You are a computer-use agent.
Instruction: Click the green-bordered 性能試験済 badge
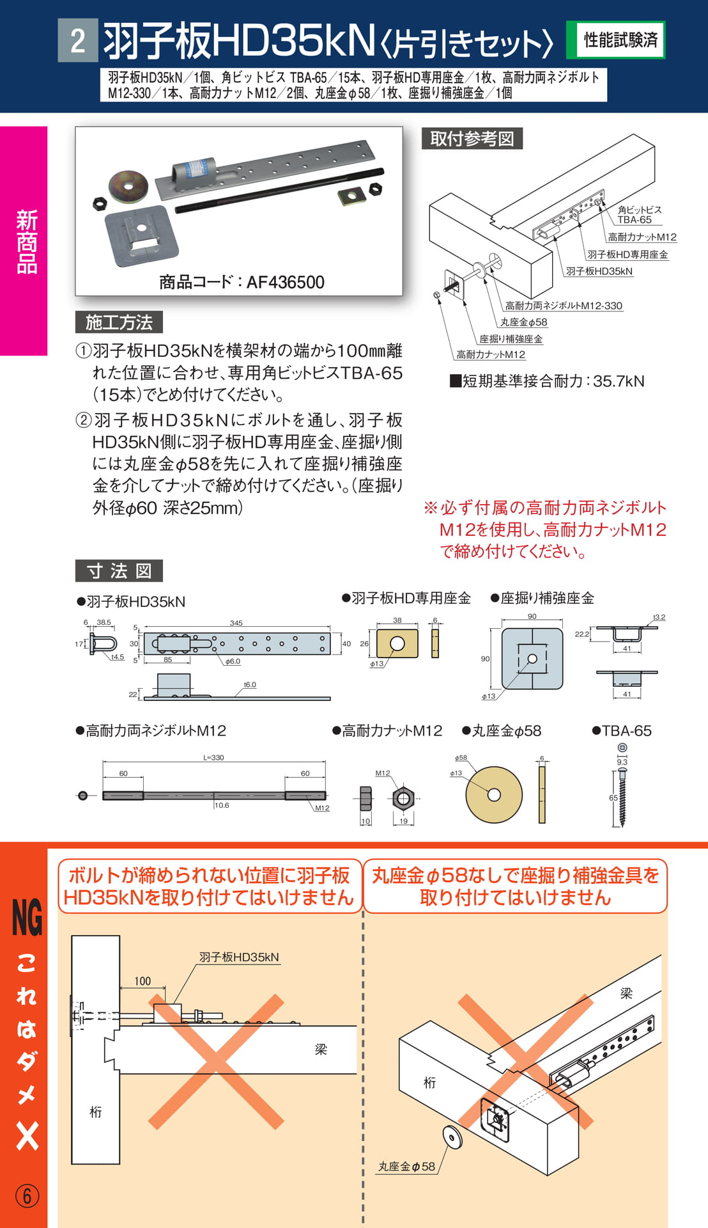(616, 40)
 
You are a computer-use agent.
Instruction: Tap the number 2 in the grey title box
(78, 40)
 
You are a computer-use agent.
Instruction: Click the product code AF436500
(285, 282)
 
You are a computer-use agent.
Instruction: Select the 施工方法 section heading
(119, 322)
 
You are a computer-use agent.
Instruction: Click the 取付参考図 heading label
(472, 139)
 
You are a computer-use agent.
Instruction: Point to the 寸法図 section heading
(119, 571)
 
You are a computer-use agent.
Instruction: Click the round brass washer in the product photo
(128, 186)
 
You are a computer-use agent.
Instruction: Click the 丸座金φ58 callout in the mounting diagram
(523, 322)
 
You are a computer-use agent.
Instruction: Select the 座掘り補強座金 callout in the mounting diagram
(511, 339)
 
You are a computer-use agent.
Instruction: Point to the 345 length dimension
(236, 623)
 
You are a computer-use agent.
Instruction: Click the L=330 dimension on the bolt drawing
(213, 757)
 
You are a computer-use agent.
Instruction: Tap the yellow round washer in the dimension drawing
(494, 794)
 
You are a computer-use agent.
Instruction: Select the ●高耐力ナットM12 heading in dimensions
(387, 731)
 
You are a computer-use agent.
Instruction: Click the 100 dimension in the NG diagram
(142, 981)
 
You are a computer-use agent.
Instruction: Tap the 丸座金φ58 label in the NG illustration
(406, 1167)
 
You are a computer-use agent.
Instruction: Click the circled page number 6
(27, 1196)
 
